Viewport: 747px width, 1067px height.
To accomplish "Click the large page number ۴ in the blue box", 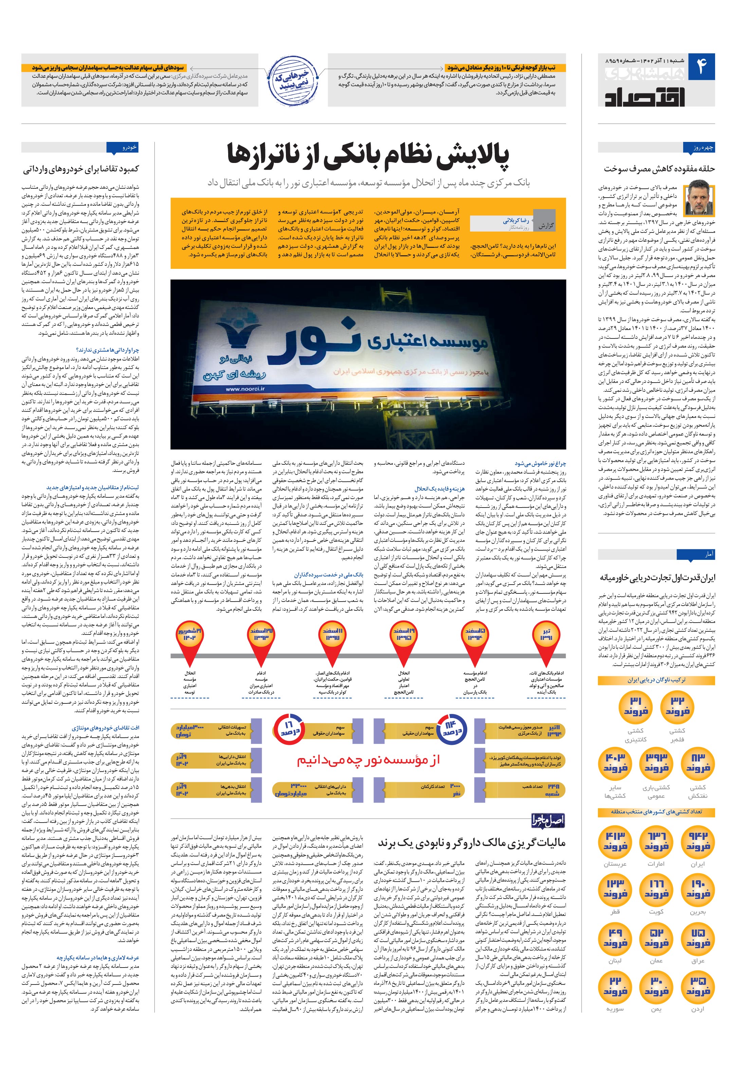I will (x=701, y=67).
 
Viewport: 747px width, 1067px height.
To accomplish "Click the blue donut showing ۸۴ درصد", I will (x=452, y=728).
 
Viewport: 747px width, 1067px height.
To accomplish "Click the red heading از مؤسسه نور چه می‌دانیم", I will (x=369, y=760).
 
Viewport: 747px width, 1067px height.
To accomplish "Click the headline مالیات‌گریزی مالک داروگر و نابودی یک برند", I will (x=471, y=842).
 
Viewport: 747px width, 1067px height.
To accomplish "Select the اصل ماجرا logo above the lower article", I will (x=548, y=821).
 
